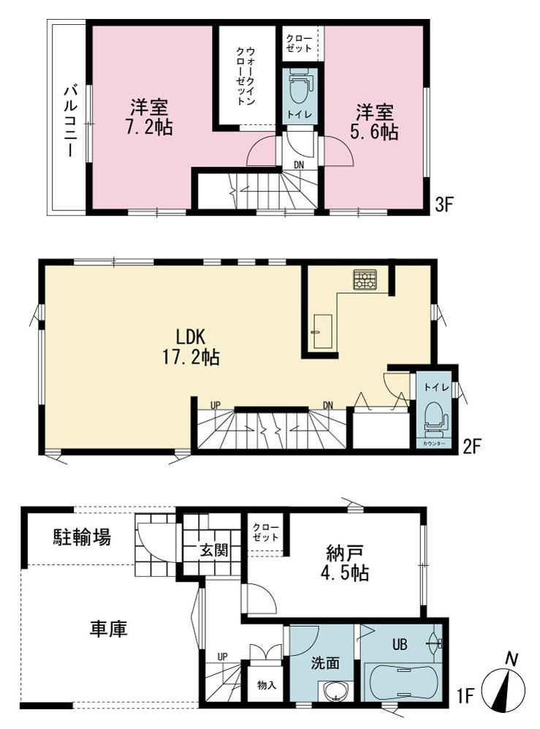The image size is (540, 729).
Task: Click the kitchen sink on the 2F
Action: click(x=322, y=331)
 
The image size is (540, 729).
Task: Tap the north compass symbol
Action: click(x=503, y=684)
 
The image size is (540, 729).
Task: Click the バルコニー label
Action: click(x=71, y=119)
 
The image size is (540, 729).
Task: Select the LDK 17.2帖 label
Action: click(x=191, y=347)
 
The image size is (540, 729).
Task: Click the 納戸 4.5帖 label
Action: click(x=344, y=563)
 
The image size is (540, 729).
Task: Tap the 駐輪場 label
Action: click(x=81, y=537)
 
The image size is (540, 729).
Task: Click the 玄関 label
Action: click(x=214, y=551)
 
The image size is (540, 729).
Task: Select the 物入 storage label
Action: click(x=267, y=685)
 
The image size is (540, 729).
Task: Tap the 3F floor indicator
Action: click(x=444, y=204)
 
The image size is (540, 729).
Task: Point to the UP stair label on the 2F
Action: click(x=215, y=405)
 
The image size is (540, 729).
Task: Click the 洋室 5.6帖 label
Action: click(x=374, y=122)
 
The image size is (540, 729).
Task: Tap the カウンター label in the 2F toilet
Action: click(x=434, y=444)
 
